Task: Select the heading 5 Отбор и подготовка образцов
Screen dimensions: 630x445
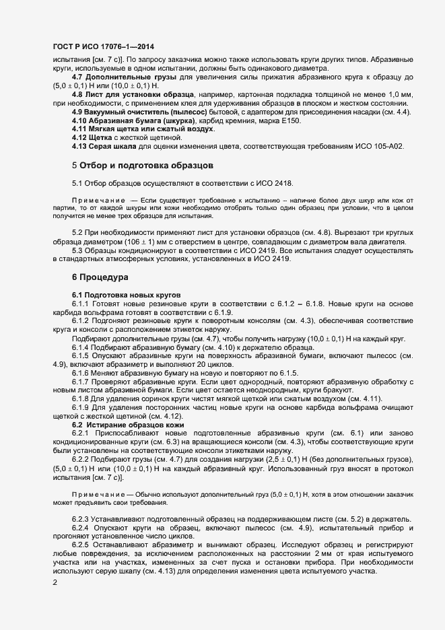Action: [143, 165]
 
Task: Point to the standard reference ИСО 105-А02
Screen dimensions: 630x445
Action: [371, 146]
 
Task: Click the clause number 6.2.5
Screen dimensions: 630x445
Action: [81, 542]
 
